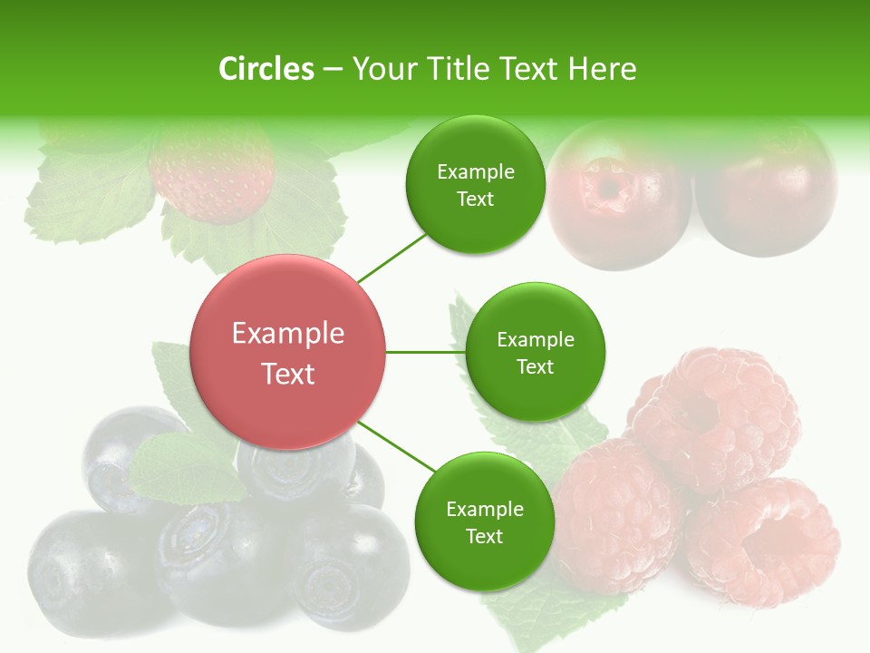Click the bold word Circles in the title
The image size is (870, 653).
tap(266, 69)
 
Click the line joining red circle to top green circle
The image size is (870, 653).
tap(391, 257)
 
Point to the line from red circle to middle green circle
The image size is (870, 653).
tap(426, 352)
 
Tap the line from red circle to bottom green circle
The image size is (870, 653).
tap(397, 447)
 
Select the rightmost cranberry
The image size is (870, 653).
tap(766, 195)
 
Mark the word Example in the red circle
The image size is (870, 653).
tap(288, 334)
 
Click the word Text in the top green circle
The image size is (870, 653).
tap(475, 200)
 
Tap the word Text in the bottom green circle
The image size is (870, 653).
tap(484, 536)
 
